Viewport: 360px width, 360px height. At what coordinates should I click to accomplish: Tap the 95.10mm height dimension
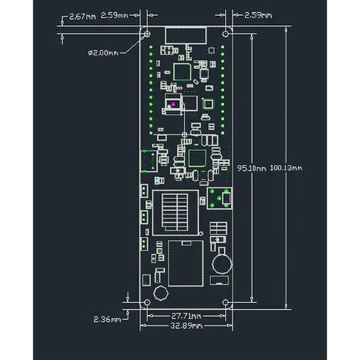(251, 168)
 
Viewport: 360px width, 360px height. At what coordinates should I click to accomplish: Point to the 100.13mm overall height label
(286, 168)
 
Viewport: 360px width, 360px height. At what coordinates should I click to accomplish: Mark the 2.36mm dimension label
(106, 319)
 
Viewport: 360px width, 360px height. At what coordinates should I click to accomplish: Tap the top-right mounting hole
(226, 33)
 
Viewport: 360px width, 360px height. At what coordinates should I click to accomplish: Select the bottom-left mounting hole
(146, 302)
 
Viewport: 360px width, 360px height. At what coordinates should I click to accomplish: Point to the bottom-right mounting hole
(226, 302)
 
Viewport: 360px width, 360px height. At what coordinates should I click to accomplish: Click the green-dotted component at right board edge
(221, 197)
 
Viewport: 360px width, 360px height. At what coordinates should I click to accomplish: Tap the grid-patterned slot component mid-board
(176, 210)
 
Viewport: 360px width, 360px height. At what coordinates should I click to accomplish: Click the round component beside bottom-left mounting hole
(160, 294)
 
